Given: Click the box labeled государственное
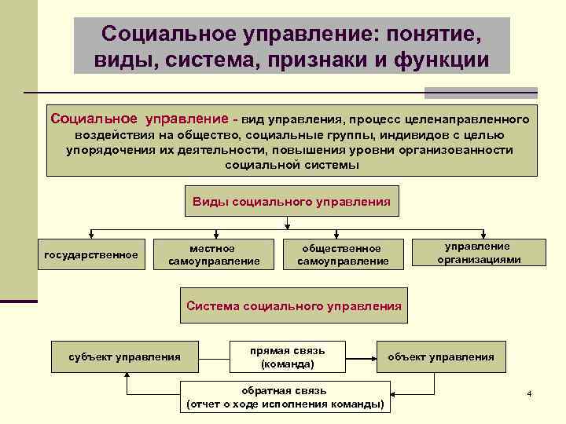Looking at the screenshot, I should tap(91, 254).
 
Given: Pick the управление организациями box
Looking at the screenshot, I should tap(479, 253).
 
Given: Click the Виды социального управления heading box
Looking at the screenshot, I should tap(292, 201).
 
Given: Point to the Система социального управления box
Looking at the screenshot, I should tap(294, 306).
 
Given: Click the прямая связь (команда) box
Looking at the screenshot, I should tap(287, 357).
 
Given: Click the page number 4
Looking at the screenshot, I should tap(530, 393).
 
